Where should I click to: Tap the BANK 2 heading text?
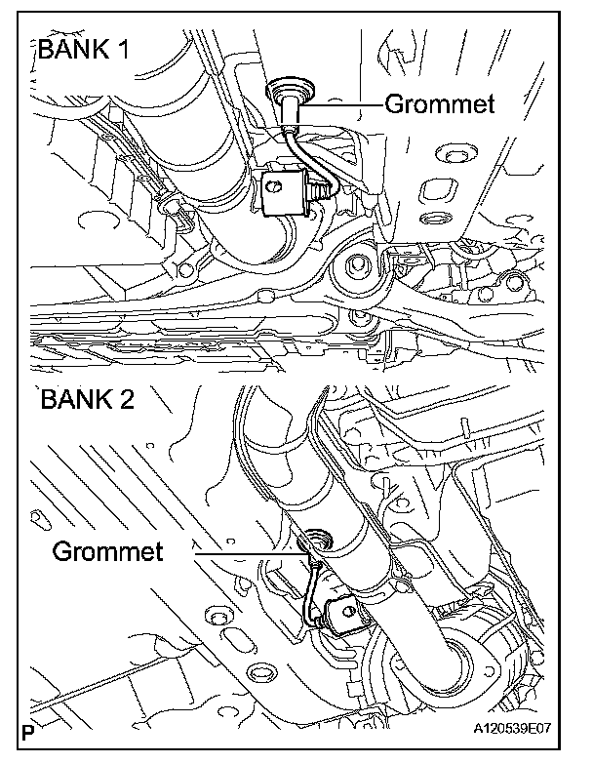point(90,400)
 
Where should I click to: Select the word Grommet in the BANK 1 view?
point(440,102)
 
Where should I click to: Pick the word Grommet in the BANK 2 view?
point(107,551)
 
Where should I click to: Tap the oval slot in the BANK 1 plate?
point(430,188)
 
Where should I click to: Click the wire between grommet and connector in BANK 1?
point(307,151)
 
